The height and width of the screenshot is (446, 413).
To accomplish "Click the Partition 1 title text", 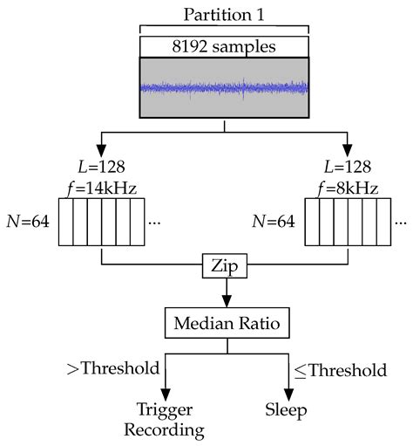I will [x=224, y=15].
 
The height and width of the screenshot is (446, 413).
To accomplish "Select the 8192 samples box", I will [x=224, y=46].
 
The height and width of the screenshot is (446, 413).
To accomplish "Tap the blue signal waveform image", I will [x=224, y=87].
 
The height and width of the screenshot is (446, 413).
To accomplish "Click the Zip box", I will [x=226, y=263].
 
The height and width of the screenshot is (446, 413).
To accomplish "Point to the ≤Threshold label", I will [x=337, y=370].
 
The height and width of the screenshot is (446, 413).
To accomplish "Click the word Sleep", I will [x=288, y=408].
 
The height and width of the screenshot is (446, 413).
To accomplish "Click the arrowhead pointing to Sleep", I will [x=288, y=390].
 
